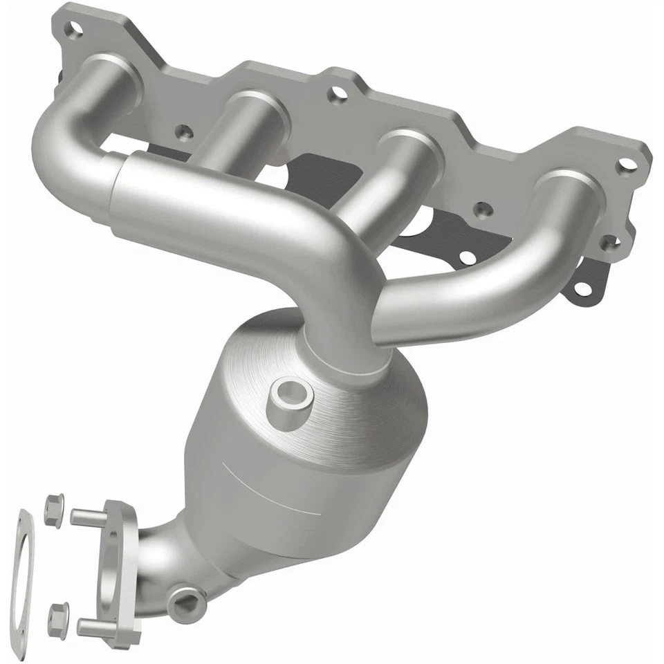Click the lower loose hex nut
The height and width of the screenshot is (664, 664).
pos(59,614)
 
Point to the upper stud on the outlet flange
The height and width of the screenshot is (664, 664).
pos(86,516)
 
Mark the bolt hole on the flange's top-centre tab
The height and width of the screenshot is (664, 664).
pos(337,94)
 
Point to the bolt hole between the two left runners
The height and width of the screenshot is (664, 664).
pos(182,131)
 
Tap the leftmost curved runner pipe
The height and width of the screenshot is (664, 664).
pos(62,138)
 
